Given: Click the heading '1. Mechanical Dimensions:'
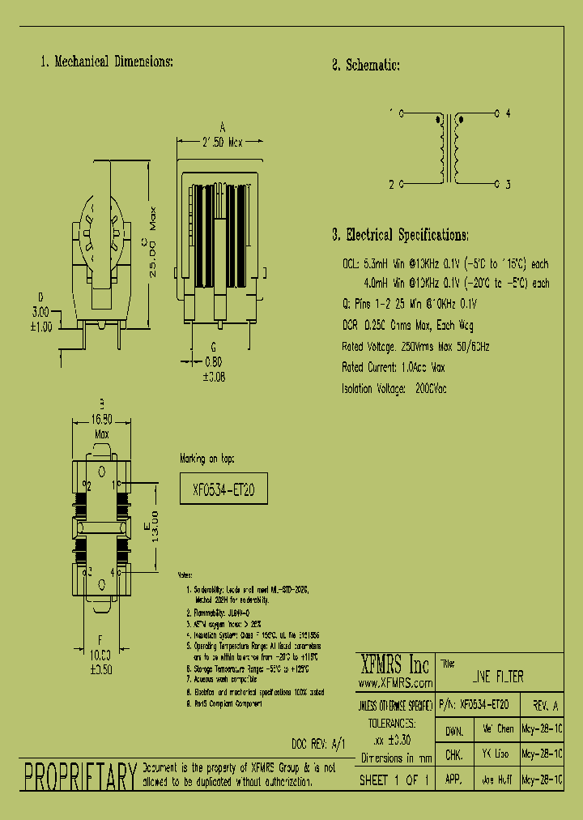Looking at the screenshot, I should [106, 62].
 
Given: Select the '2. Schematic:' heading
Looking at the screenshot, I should [366, 66].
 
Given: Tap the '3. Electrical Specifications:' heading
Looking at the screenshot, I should [400, 236].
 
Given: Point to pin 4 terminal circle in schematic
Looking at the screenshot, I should [496, 113].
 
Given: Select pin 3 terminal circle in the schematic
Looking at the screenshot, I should [496, 184].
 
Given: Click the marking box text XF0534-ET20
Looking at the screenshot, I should [223, 489].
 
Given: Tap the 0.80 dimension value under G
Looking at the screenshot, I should [214, 363].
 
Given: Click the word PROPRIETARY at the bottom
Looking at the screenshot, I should [79, 776].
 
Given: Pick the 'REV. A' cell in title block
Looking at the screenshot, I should [543, 706].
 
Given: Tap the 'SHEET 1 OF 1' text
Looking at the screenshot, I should [394, 780].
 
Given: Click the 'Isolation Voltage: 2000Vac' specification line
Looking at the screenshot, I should [394, 389].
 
